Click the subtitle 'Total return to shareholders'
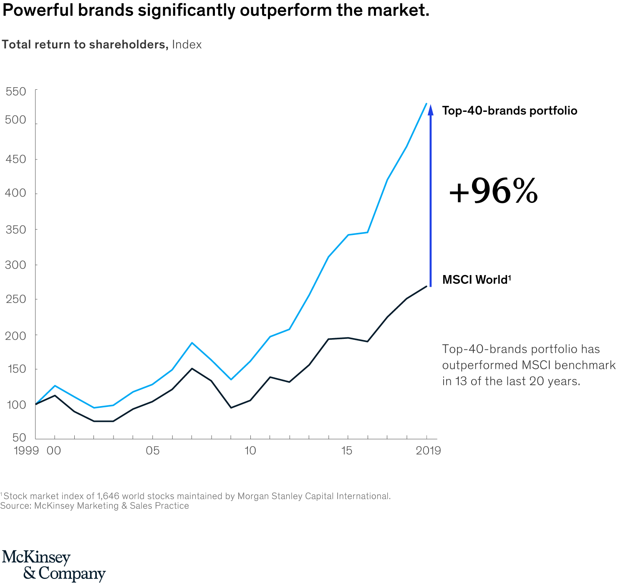tap(85, 45)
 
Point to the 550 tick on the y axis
tap(16, 91)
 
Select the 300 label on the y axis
tap(16, 265)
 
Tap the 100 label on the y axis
tap(16, 404)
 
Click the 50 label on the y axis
tap(19, 437)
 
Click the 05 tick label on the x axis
tap(152, 451)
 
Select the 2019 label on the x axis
tap(428, 451)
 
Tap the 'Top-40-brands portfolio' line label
tap(510, 111)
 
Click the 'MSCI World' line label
tap(476, 280)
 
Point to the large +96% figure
tap(493, 192)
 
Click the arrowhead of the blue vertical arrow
tap(431, 109)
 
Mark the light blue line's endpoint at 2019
tap(426, 104)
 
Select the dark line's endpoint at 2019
tap(426, 286)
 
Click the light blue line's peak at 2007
tap(192, 343)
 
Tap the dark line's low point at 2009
tap(231, 407)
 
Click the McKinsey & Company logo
tap(53, 566)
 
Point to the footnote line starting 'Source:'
tap(94, 506)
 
